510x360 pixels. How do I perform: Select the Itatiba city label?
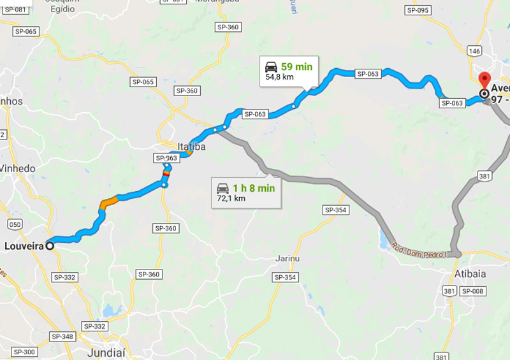tap(191, 147)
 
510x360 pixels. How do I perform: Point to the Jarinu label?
tap(287, 258)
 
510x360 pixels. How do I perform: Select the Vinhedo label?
tap(19, 168)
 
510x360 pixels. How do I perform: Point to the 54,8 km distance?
tap(280, 78)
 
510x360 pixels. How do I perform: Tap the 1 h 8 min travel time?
tap(254, 188)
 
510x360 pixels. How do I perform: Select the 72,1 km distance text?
tap(231, 199)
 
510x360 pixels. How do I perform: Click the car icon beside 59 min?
tap(271, 66)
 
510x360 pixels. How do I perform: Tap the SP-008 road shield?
tap(473, 291)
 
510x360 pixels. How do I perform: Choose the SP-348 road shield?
tap(62, 336)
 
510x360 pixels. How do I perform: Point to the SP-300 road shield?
tap(24, 352)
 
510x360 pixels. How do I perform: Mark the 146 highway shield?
tap(473, 50)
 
